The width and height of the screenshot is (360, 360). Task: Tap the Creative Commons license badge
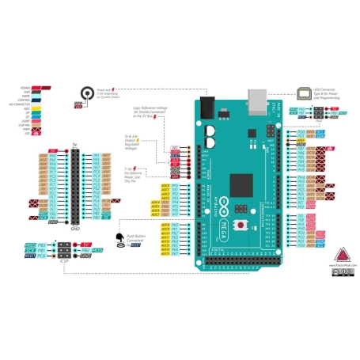(x=342, y=271)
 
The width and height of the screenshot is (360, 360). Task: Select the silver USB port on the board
(x=257, y=101)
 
